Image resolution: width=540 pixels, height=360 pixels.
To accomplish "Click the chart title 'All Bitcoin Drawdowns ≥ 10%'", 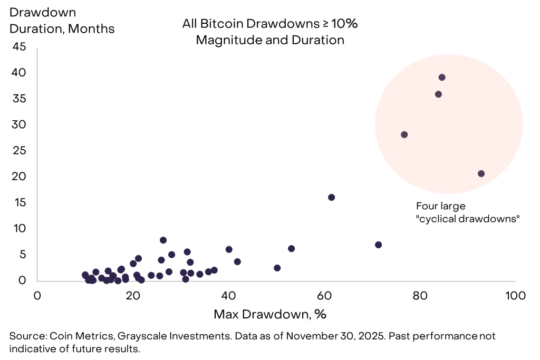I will [270, 24].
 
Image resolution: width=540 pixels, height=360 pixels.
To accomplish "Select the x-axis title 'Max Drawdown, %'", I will [270, 315].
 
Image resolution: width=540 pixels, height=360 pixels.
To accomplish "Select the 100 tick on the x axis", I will [515, 296].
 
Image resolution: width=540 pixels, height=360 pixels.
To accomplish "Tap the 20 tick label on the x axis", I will [133, 296].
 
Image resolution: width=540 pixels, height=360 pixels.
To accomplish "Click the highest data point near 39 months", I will [442, 77].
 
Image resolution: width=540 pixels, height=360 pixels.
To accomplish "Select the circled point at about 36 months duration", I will [438, 94].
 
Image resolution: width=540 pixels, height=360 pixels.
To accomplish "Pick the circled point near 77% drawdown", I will [404, 134].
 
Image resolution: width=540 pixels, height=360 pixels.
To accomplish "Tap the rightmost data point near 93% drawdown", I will [481, 173].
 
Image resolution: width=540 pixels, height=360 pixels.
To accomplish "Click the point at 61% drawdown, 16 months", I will [331, 197].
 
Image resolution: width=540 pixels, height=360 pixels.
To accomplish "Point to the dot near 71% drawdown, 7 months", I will [378, 245].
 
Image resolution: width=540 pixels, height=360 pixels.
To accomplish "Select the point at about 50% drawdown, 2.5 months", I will [277, 268].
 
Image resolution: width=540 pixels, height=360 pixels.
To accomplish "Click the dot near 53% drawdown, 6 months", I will [291, 248].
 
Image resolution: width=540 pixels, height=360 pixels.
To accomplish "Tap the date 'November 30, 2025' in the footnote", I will [327, 336].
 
